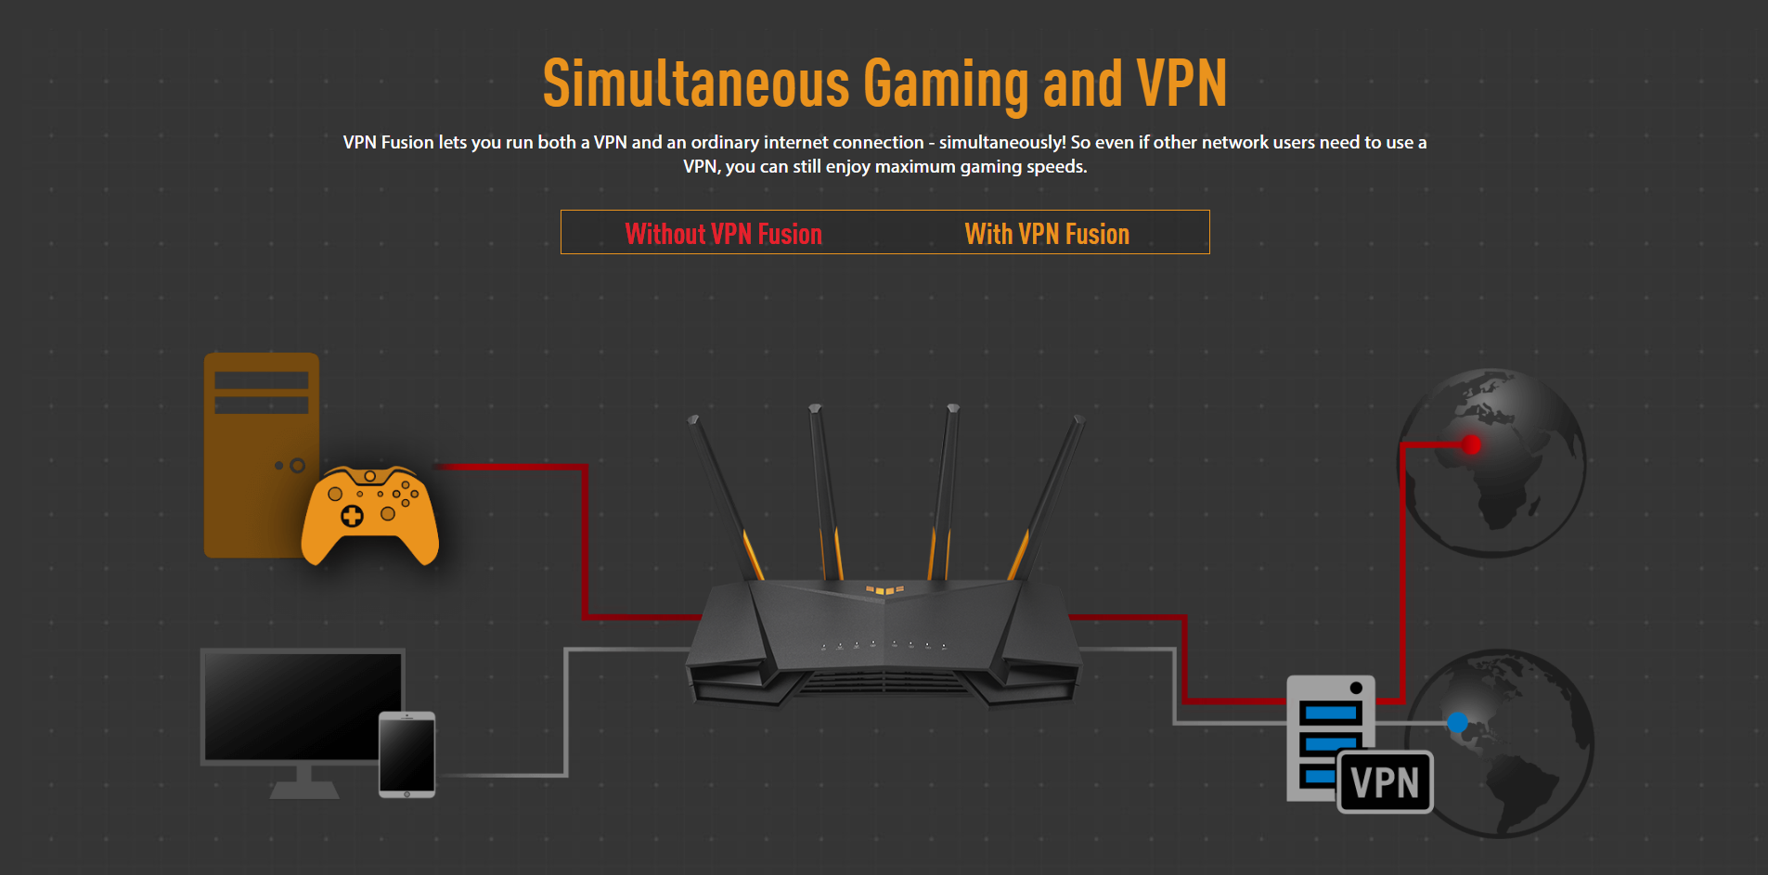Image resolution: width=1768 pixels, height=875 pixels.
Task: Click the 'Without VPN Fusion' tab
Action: tap(723, 234)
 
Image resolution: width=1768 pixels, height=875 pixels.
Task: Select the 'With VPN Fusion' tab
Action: tap(1047, 234)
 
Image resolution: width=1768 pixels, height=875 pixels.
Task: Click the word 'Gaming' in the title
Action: tap(946, 84)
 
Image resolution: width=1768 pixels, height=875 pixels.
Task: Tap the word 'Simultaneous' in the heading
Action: tap(696, 84)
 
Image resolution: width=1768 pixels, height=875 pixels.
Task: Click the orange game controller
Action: tap(370, 515)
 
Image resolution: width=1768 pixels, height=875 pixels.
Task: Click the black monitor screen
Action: tap(302, 705)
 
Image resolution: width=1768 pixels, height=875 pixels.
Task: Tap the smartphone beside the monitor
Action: tap(407, 754)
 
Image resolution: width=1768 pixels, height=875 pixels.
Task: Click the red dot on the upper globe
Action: tap(1471, 444)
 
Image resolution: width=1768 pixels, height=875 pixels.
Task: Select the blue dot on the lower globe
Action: tap(1457, 722)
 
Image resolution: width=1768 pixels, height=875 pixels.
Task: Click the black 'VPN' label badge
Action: tap(1385, 782)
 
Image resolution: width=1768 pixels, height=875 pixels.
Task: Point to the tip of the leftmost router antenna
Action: tap(692, 420)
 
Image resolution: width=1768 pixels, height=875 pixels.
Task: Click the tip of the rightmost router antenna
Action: tap(1079, 420)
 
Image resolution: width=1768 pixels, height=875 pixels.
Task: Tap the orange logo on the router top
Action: tap(884, 589)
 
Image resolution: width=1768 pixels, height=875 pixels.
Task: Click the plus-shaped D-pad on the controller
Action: tap(352, 516)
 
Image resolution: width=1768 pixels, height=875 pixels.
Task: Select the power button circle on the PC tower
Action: tap(297, 465)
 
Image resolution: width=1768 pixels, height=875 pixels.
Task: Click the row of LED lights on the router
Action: tap(884, 644)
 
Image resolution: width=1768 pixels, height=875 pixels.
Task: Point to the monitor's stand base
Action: tap(304, 790)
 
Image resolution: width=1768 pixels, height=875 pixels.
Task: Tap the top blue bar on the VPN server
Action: tap(1330, 714)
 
